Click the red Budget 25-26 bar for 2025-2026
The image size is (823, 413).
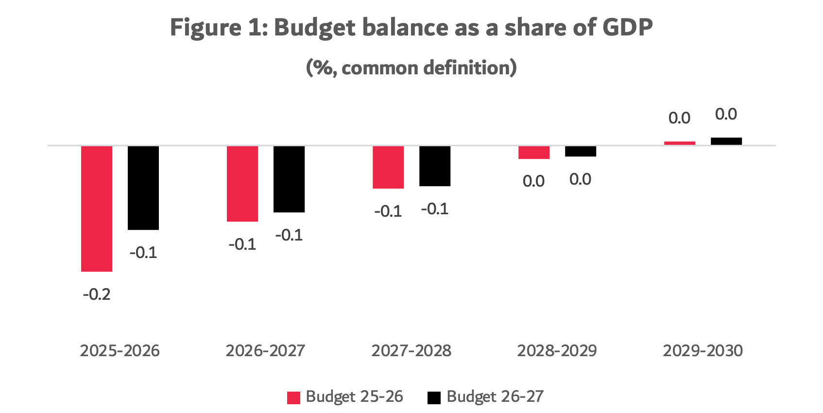pyautogui.click(x=97, y=208)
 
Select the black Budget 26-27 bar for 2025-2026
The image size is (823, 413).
pyautogui.click(x=143, y=188)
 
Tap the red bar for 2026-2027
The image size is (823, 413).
pyautogui.click(x=242, y=184)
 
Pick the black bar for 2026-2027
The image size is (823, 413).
pyautogui.click(x=289, y=179)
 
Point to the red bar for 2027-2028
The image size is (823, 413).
pyautogui.click(x=388, y=167)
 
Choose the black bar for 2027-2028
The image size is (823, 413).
pyautogui.click(x=435, y=166)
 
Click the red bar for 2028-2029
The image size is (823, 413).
pyautogui.click(x=534, y=153)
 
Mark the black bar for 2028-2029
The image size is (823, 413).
pyautogui.click(x=581, y=151)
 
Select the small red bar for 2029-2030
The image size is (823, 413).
pyautogui.click(x=680, y=143)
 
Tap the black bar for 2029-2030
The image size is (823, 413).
pyautogui.click(x=726, y=141)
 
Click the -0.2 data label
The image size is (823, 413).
pyautogui.click(x=97, y=294)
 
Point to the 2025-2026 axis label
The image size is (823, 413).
pyautogui.click(x=120, y=351)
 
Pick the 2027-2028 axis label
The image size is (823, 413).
pyautogui.click(x=411, y=351)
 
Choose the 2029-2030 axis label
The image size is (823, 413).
pyautogui.click(x=703, y=351)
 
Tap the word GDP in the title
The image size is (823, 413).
pyautogui.click(x=627, y=27)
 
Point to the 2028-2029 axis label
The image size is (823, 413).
pyautogui.click(x=557, y=351)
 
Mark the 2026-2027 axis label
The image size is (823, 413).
pyautogui.click(x=266, y=351)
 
